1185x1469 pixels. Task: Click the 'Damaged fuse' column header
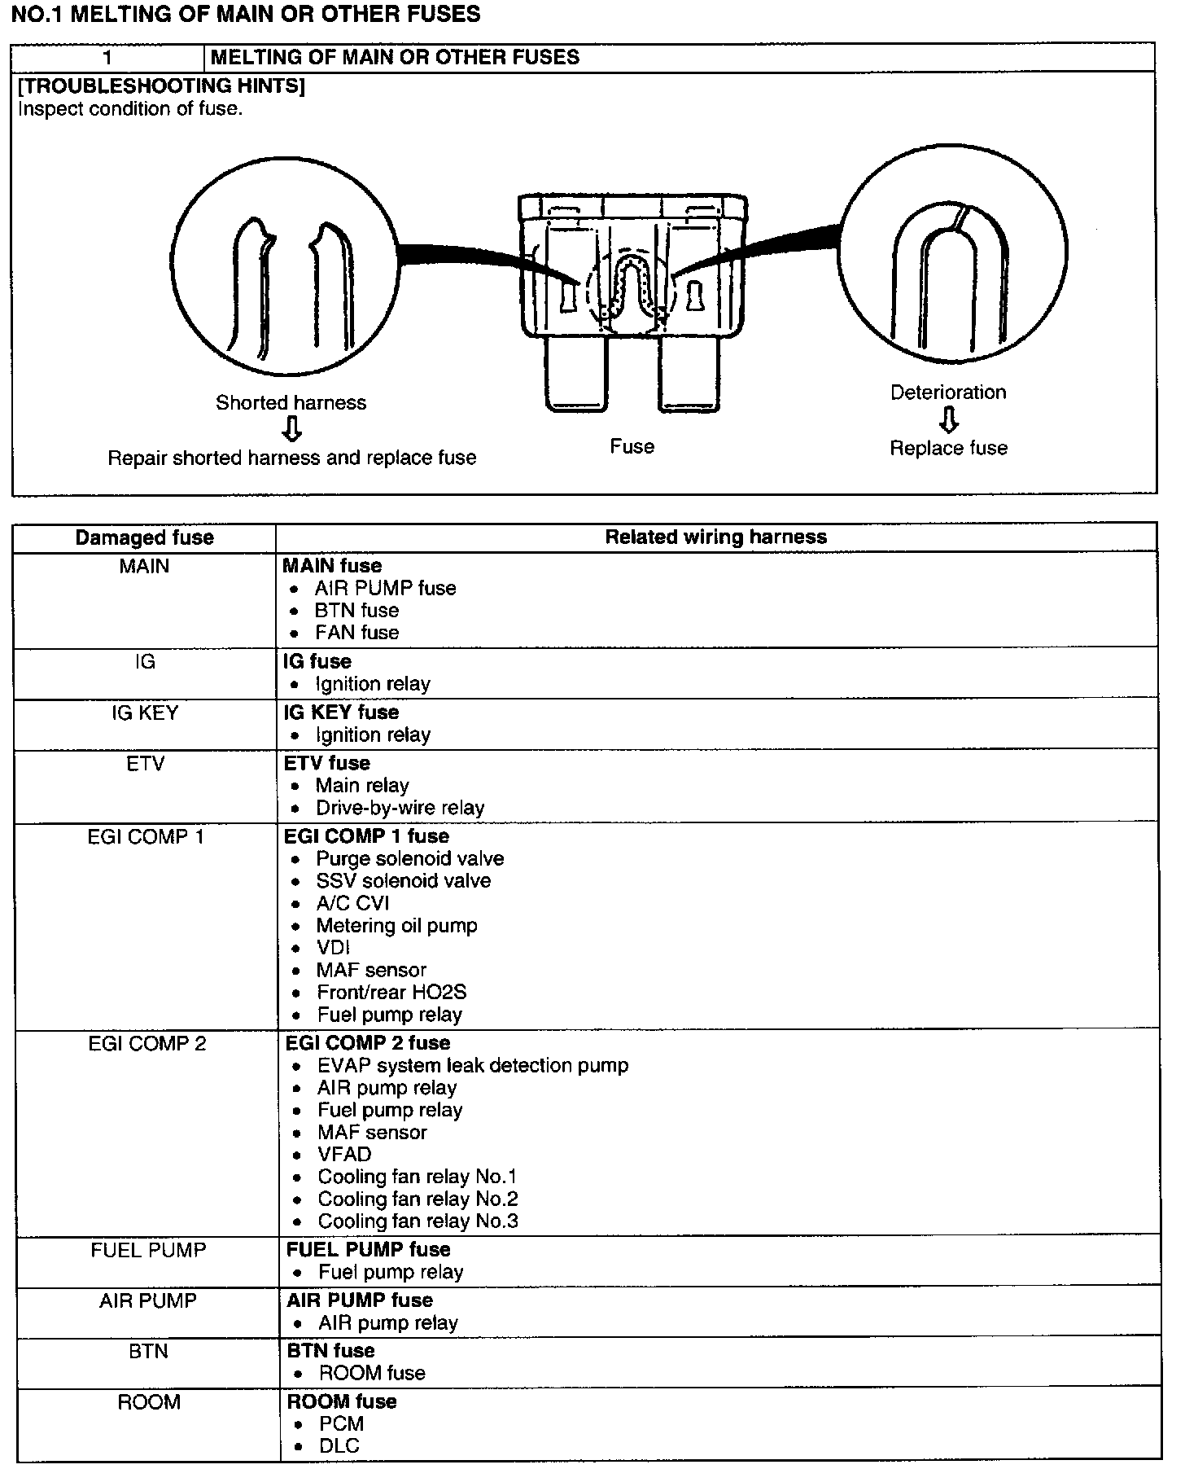click(144, 537)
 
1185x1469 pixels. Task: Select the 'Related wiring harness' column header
click(715, 537)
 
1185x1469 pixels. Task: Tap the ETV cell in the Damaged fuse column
click(146, 764)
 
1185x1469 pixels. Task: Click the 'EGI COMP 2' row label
click(147, 1044)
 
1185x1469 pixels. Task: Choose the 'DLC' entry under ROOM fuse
click(339, 1445)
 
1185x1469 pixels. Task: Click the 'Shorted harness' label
click(291, 402)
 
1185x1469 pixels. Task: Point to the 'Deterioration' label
click(948, 392)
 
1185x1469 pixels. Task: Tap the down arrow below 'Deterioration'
click(948, 419)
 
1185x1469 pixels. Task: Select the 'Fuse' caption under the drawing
click(632, 446)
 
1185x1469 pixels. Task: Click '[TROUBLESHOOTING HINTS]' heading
click(161, 86)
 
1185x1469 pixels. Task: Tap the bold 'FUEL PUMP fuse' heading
click(368, 1249)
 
